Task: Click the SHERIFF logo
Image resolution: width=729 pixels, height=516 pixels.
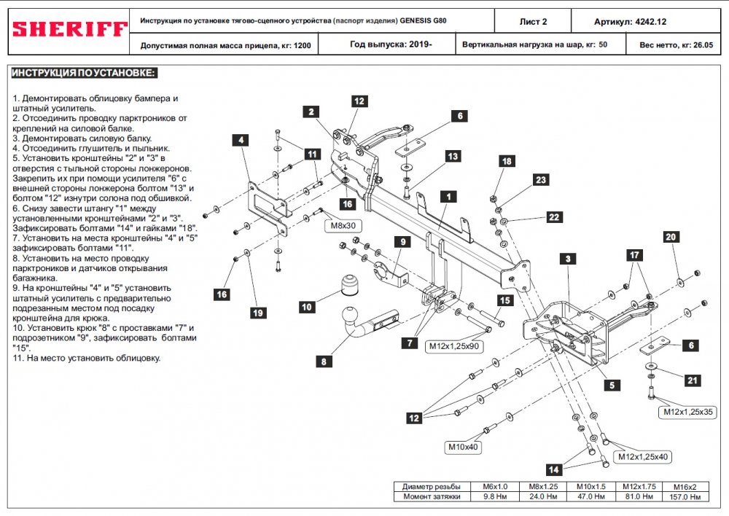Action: click(69, 29)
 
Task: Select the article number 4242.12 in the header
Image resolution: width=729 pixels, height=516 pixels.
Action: click(651, 22)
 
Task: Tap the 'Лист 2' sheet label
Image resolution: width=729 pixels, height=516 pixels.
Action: click(533, 22)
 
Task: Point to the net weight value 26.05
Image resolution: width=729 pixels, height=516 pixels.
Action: click(703, 45)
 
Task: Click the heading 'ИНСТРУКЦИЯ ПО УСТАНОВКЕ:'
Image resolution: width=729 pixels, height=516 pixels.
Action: click(84, 73)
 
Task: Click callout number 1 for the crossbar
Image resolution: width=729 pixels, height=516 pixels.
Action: click(448, 197)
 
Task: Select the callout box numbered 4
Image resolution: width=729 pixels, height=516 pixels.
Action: click(241, 140)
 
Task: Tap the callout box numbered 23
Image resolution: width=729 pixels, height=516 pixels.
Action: click(540, 180)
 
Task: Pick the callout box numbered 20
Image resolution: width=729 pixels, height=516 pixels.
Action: click(671, 237)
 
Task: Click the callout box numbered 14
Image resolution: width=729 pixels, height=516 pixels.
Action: click(553, 469)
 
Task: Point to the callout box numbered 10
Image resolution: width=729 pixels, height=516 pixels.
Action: click(307, 307)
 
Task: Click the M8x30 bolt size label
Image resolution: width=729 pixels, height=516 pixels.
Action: click(343, 226)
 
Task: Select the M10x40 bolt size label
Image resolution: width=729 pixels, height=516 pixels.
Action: click(463, 447)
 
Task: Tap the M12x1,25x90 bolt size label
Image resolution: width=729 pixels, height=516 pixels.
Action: click(453, 346)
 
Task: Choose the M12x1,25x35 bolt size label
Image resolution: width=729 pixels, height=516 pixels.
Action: click(688, 412)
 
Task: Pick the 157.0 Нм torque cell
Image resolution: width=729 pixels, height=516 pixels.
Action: click(685, 497)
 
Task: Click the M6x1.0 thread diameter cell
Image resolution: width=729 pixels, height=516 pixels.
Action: click(495, 487)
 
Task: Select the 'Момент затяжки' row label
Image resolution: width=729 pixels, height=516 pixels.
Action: click(432, 496)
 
